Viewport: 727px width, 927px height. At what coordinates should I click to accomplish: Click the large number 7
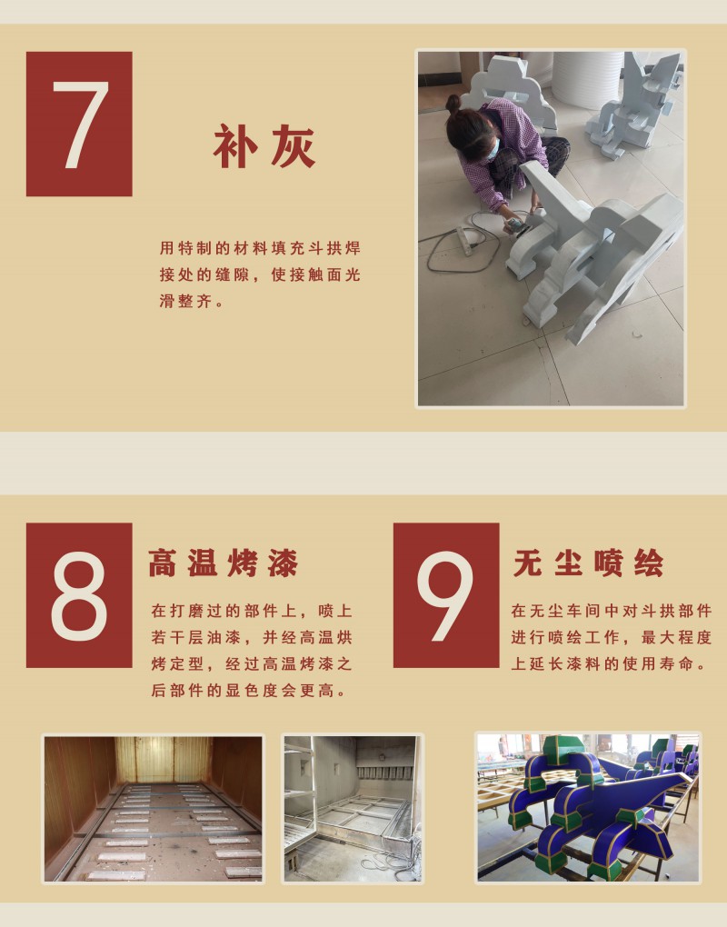coord(81,125)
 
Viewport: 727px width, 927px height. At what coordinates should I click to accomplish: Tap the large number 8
coord(79,596)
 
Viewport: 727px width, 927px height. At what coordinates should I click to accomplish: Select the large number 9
coord(445,596)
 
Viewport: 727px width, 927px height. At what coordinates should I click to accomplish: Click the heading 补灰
coord(264,146)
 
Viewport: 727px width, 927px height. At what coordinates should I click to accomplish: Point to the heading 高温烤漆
coord(224,563)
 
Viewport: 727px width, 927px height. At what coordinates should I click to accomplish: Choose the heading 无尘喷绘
coord(589,563)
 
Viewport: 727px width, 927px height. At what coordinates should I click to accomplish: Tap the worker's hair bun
coord(453,104)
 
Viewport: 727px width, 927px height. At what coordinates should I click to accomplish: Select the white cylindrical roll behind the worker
coord(587,78)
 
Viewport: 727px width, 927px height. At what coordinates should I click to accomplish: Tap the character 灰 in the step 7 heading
coord(293,146)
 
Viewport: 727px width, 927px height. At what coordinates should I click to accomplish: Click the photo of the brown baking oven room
coord(153,808)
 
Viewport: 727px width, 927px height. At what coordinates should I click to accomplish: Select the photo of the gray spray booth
coord(353,808)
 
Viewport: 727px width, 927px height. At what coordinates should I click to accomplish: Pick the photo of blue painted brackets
coord(588,808)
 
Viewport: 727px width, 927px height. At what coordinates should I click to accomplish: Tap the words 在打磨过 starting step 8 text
coord(187,611)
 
